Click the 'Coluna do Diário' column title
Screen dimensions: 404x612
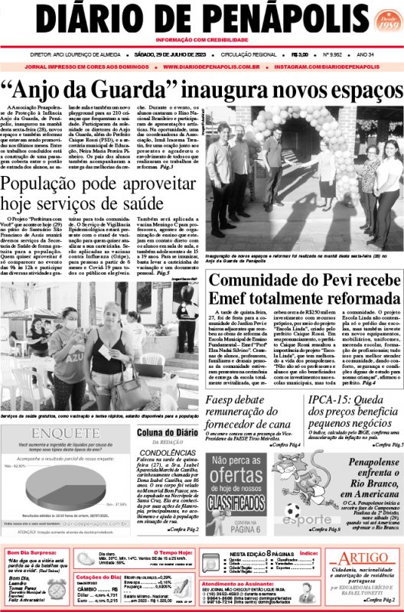168,434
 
